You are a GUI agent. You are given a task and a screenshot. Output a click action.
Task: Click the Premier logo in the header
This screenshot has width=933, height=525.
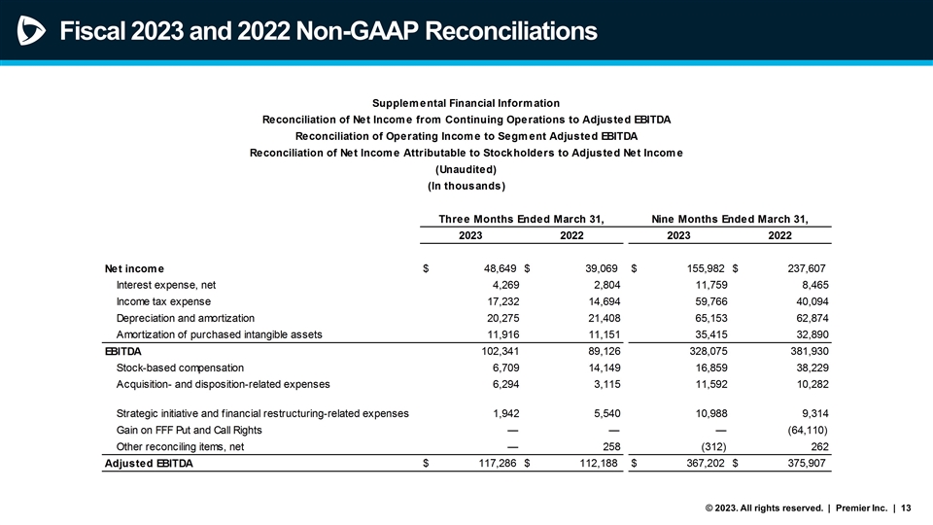point(29,31)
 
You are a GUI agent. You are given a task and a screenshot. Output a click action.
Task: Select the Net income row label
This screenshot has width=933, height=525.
point(134,268)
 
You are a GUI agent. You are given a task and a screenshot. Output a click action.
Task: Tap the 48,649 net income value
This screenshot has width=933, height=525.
point(487,268)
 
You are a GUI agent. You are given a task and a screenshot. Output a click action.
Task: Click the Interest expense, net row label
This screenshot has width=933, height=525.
point(165,285)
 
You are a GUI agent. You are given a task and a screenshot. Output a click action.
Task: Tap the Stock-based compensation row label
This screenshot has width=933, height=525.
point(180,367)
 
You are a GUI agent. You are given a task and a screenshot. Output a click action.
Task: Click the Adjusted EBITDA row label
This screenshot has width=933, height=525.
point(148,464)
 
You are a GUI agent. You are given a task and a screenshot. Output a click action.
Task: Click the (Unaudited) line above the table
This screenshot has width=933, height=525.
point(466,167)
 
